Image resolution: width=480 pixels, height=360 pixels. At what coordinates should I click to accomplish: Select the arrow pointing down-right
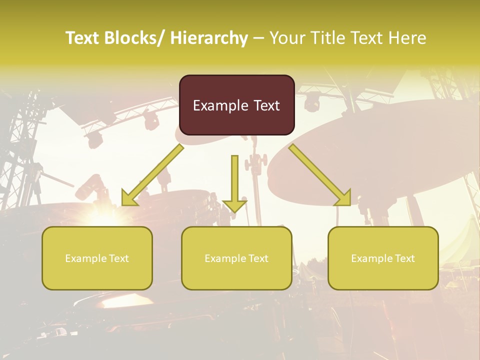[320, 175]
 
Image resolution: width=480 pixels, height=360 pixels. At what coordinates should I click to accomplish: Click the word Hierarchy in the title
[209, 38]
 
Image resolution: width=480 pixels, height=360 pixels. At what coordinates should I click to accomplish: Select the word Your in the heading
[287, 38]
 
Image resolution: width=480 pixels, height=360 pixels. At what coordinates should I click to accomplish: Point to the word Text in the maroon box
[266, 105]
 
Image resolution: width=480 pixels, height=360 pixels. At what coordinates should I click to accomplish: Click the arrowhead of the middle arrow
[234, 205]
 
